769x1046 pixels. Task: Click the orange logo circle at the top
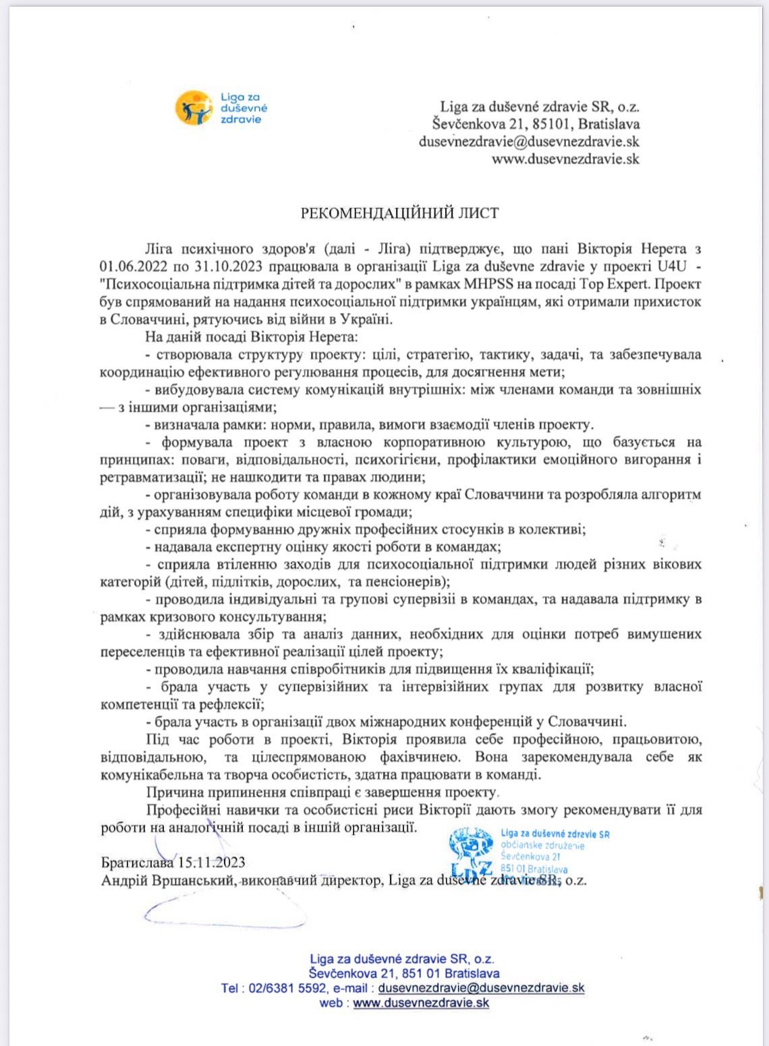click(193, 108)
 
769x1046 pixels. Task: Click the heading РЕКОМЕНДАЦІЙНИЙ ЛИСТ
click(399, 214)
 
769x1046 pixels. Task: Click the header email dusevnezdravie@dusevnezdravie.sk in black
click(529, 142)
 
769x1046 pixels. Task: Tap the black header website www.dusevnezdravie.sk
click(565, 160)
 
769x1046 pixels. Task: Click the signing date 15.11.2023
click(211, 863)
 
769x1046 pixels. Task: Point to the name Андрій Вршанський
click(163, 880)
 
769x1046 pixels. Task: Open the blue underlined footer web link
click(420, 1003)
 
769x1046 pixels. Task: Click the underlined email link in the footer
click(481, 988)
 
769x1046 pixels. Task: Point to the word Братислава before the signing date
click(138, 863)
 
